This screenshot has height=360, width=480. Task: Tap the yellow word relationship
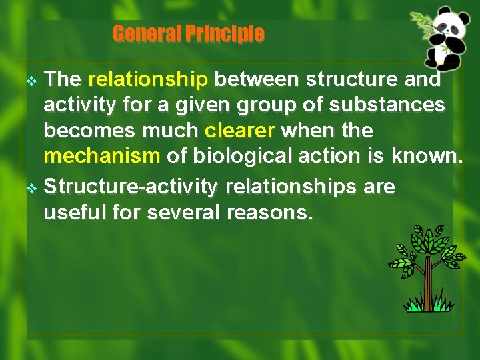[x=148, y=79]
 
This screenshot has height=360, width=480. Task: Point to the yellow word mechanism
[x=101, y=157]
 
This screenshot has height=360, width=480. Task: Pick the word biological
[x=247, y=157]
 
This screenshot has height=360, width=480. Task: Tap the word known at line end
[x=425, y=157]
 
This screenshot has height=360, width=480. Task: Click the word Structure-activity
[x=131, y=187]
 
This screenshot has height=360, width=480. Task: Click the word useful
[x=71, y=214]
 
